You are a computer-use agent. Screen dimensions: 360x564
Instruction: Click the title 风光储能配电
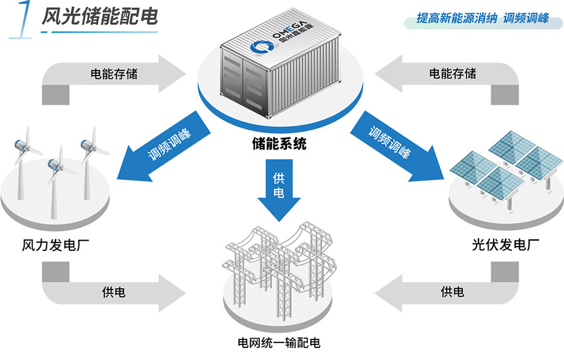(99, 17)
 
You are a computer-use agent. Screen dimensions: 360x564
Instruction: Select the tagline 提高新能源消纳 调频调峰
(482, 18)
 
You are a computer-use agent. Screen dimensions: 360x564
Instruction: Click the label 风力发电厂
(51, 245)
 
